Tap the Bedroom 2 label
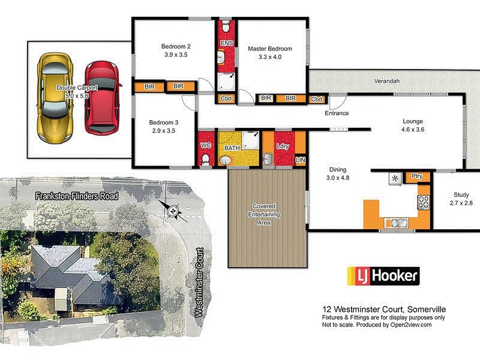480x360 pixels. [176, 47]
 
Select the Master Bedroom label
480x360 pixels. [270, 49]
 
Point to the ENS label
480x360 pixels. [226, 43]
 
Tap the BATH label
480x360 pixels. [232, 148]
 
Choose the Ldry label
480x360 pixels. [282, 146]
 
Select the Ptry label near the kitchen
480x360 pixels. [415, 176]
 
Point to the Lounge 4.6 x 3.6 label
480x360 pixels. [416, 125]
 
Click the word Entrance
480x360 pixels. [337, 113]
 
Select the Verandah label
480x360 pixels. [386, 80]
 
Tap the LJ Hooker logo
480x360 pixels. [384, 276]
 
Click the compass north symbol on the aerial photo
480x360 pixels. [173, 210]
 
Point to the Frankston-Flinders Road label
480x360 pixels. [76, 196]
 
